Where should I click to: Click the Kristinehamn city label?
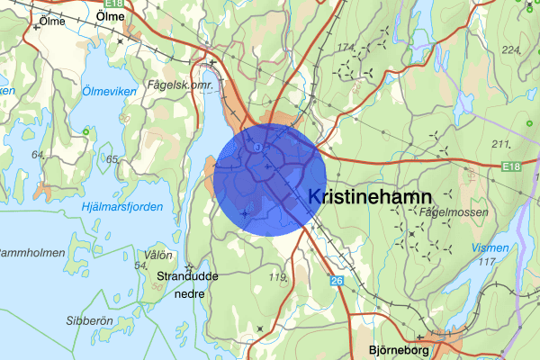[x=370, y=196]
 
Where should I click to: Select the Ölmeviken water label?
[x=109, y=90]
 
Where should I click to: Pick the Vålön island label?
[x=157, y=255]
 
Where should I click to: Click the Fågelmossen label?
[x=454, y=212]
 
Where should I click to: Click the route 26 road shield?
[x=337, y=281]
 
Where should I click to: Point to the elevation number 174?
[x=345, y=46]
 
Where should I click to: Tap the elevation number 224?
[x=512, y=49]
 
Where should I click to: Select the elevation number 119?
[x=277, y=277]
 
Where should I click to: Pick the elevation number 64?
[x=38, y=156]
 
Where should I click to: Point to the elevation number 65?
[x=112, y=159]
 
